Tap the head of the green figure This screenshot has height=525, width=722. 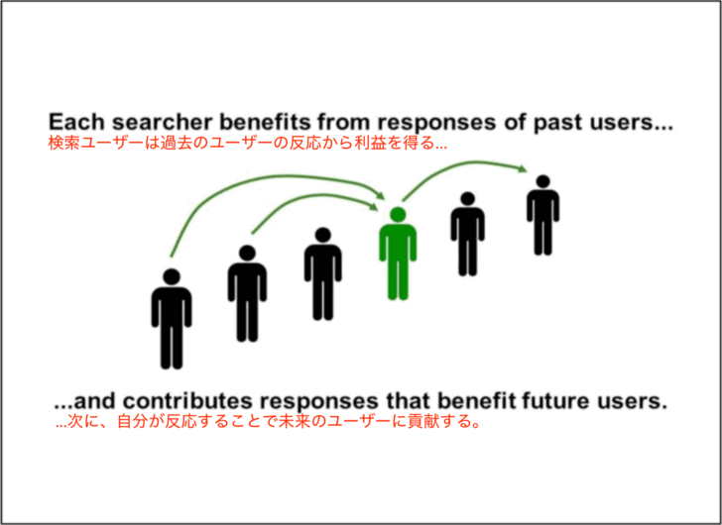[x=398, y=215]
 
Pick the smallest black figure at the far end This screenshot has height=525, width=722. [x=543, y=215]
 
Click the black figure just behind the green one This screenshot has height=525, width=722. [x=467, y=234]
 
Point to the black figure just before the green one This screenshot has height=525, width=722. [x=322, y=274]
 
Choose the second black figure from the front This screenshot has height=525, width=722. [x=247, y=294]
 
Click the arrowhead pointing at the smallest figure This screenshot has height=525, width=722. [x=523, y=168]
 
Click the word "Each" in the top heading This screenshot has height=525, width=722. [x=77, y=122]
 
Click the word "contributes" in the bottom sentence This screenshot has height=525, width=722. [x=187, y=401]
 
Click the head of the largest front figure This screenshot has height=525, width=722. [x=172, y=276]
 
